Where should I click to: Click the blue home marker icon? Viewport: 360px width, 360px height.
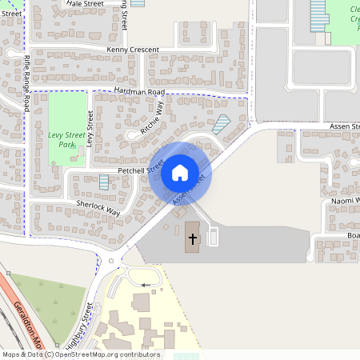coord(180,172)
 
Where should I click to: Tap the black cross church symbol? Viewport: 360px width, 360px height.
coord(192,238)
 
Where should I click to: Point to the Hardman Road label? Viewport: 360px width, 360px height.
coord(138,92)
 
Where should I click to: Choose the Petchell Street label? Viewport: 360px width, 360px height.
coord(141,170)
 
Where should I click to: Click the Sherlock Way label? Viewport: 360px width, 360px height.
coord(98,209)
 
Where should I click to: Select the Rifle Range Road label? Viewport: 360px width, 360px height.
coord(28,76)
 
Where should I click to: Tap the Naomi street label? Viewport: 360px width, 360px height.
coord(342,200)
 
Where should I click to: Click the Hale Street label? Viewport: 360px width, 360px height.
coord(86,4)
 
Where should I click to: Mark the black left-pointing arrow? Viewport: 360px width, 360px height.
coord(145,284)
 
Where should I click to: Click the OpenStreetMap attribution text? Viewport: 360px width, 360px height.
coord(81,354)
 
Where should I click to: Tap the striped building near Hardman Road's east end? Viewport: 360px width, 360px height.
coord(222,124)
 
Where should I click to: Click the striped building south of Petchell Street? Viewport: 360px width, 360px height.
coord(104,182)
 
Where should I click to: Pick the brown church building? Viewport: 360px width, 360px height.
coord(193,238)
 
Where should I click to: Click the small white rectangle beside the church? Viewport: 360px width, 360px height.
coord(213,237)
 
